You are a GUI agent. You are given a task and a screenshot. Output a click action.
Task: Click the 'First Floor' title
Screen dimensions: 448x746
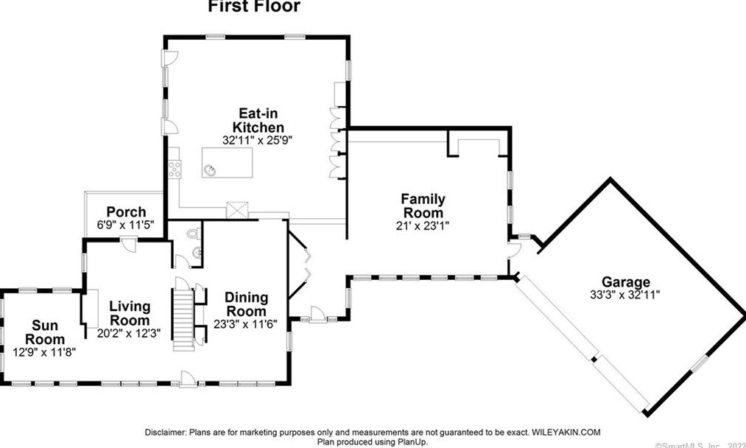coord(254,7)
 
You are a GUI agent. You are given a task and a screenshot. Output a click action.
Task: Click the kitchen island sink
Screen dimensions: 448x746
coord(212,169)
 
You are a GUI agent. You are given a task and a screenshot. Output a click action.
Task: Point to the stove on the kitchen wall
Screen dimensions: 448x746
coord(175,169)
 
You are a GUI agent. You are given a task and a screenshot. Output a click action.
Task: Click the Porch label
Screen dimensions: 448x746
coord(126,212)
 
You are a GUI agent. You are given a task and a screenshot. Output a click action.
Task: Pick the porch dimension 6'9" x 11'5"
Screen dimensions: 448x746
coord(126,225)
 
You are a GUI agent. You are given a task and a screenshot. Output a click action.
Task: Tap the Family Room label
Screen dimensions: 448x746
coord(423,206)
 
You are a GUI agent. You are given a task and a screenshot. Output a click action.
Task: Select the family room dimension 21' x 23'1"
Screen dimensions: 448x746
coord(423,226)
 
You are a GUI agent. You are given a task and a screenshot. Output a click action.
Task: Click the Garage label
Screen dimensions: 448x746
coord(626,281)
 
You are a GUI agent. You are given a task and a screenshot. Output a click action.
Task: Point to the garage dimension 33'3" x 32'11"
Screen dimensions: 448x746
coord(626,294)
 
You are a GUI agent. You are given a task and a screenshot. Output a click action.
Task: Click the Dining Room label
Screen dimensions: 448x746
coord(246,304)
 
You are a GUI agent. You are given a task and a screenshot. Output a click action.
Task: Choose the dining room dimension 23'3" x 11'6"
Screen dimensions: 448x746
coord(246,324)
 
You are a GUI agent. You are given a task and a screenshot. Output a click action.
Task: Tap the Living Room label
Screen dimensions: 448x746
coord(130,313)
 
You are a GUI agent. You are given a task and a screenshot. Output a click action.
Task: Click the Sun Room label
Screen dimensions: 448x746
coord(45,332)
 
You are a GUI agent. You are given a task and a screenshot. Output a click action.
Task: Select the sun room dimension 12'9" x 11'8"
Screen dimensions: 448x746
coord(45,351)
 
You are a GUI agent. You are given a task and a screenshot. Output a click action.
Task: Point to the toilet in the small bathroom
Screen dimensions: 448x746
coord(192,234)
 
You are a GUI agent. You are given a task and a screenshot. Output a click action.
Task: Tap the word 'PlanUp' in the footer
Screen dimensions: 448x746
coord(410,442)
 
